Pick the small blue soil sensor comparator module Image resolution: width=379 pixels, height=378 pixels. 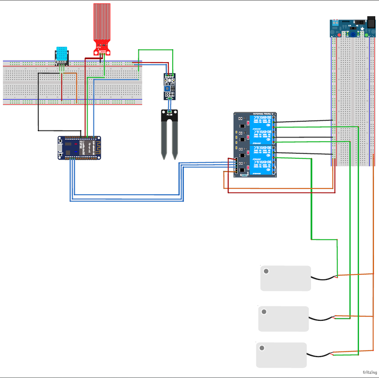tap(170, 86)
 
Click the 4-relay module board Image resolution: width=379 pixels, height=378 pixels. tap(254, 144)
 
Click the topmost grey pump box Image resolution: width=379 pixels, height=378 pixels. tap(286, 278)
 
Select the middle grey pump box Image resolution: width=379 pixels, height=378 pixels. tap(284, 319)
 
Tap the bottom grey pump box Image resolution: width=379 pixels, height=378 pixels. tap(281, 355)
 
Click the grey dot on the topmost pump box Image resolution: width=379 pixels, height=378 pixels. tap(266, 271)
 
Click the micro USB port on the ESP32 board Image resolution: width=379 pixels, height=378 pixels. tap(60, 148)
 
